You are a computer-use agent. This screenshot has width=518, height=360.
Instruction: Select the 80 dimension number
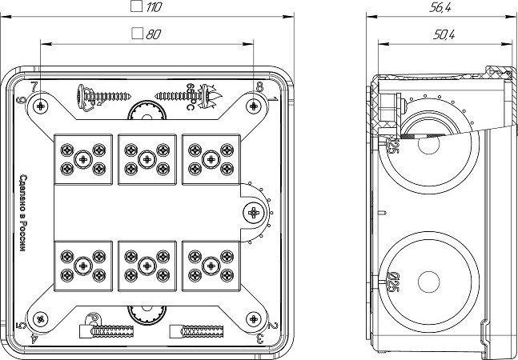point(154,34)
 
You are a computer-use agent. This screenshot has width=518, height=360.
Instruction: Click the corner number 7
point(34,86)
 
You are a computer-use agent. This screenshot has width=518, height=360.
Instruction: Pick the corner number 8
point(260,87)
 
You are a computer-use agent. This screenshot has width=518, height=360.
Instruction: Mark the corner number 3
point(261,339)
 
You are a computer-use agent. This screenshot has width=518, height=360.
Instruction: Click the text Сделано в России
point(23,214)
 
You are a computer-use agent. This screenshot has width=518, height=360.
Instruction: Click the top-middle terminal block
point(146,158)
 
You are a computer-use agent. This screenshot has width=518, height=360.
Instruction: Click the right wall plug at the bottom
point(200,331)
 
